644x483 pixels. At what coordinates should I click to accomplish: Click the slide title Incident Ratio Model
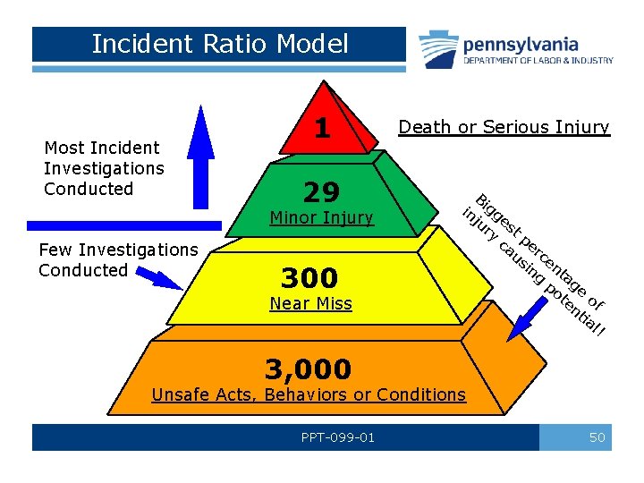point(219,44)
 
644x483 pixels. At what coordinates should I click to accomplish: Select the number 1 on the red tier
point(322,128)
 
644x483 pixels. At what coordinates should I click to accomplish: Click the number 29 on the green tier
point(322,192)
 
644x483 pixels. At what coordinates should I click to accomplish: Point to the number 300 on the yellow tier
point(309,277)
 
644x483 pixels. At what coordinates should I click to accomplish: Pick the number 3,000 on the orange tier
point(309,368)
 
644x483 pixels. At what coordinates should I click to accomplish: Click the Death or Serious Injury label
point(504,127)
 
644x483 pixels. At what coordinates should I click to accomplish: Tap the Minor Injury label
point(322,218)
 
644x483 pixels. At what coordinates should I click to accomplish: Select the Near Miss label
point(311,304)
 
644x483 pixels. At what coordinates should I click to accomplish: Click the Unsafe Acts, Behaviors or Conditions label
point(309,394)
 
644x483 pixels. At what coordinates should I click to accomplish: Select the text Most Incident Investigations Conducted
point(104,168)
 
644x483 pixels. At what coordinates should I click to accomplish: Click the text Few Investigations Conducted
point(118,260)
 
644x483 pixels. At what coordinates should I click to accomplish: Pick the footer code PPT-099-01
point(338,437)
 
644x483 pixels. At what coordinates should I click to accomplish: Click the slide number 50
point(597,437)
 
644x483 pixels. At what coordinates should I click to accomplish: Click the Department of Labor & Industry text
point(538,61)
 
